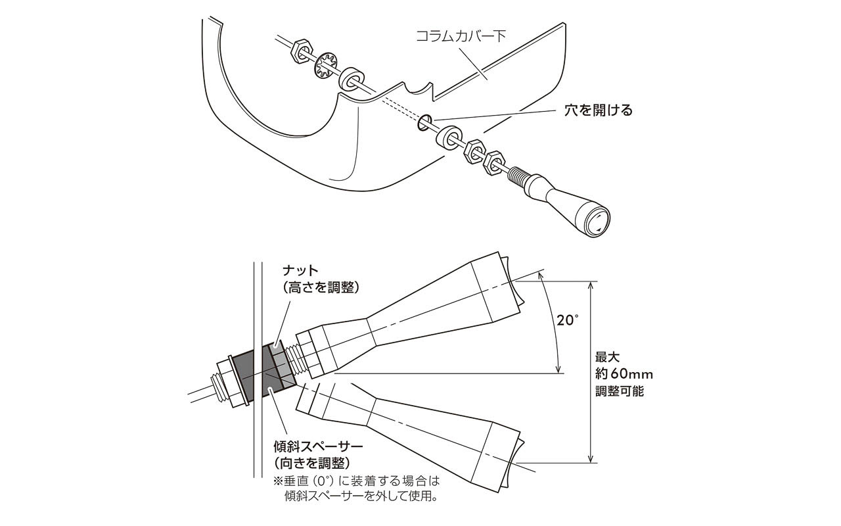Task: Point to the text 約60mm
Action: [x=624, y=374]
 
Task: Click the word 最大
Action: [x=608, y=358]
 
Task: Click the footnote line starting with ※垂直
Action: [x=355, y=481]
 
